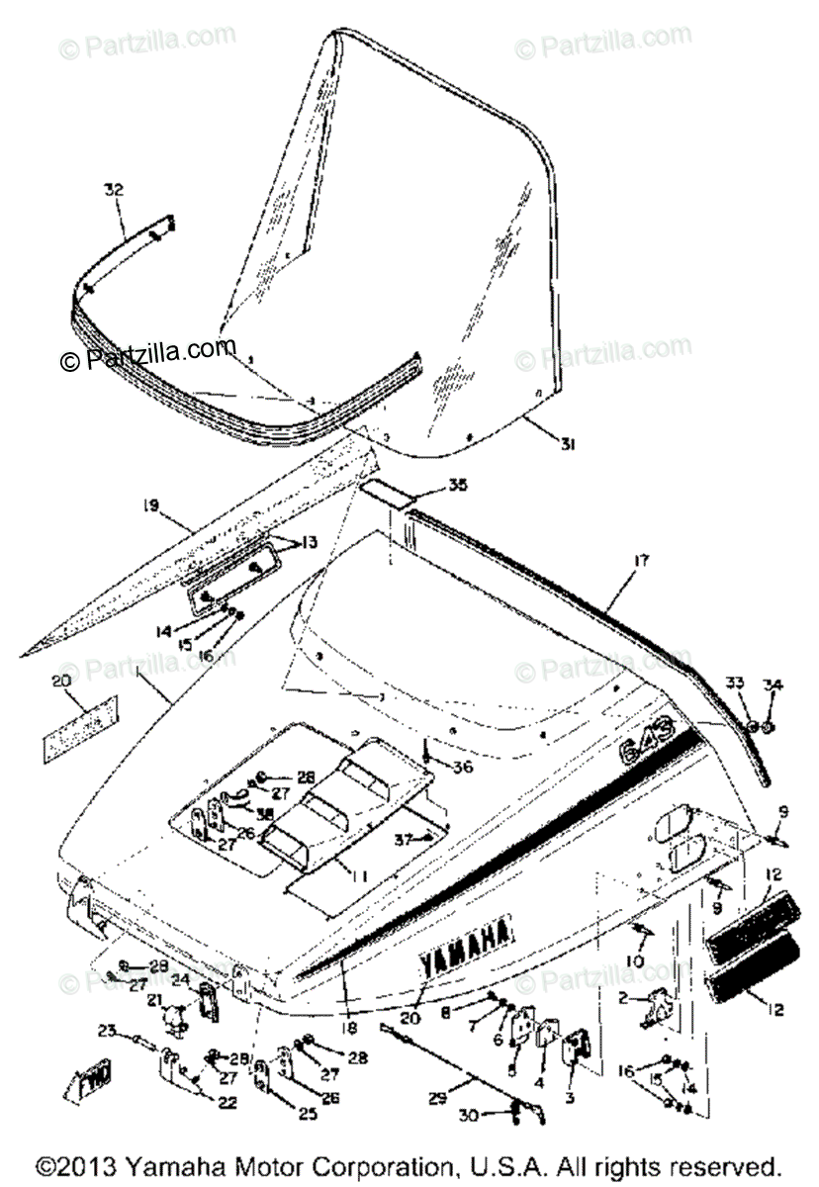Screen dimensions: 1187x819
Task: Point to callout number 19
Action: [x=151, y=507]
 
